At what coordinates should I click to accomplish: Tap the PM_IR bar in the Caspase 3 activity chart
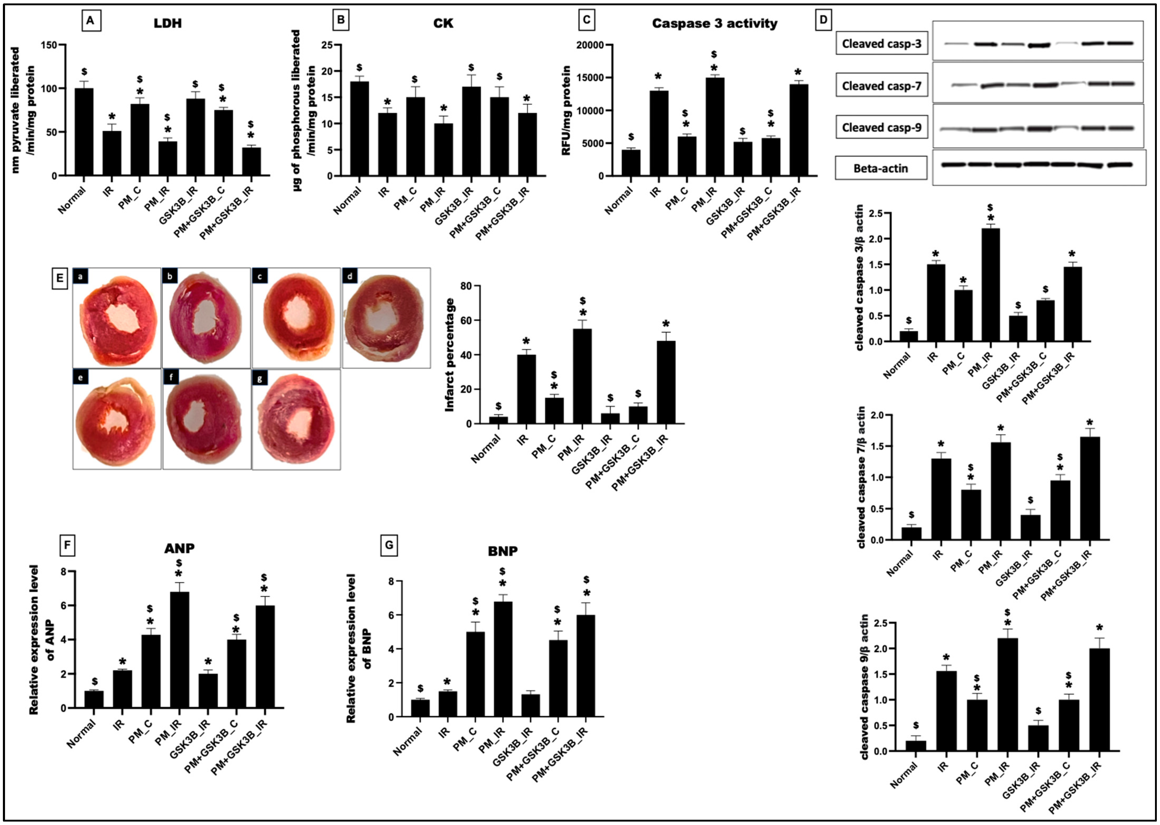[x=715, y=127]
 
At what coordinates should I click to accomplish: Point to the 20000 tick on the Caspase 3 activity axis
[x=589, y=45]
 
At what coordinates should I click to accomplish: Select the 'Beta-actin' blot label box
[x=880, y=168]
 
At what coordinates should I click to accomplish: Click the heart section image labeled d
[x=386, y=318]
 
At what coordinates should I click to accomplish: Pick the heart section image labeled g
[x=296, y=419]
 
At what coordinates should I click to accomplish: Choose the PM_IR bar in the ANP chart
[x=179, y=650]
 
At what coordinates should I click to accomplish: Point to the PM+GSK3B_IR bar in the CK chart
[x=527, y=145]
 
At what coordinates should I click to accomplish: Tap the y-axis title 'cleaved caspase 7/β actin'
[x=861, y=477]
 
